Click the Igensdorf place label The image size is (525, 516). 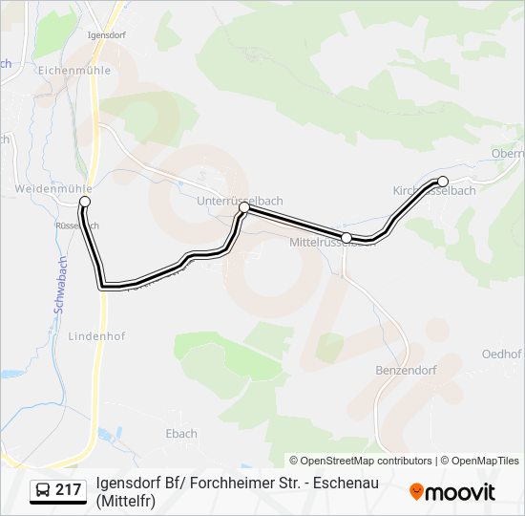coord(107,35)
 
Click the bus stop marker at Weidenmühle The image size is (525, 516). coord(85,202)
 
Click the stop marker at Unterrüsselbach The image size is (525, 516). coord(244,207)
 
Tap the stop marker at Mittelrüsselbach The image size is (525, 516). coord(346,237)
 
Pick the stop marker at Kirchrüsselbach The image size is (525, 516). coord(442,181)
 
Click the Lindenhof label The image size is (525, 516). coord(96,336)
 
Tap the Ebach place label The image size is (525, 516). coord(181,433)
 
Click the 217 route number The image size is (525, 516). coord(68,490)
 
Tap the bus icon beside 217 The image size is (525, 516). coord(43,491)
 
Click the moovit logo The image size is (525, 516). coord(452,492)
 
